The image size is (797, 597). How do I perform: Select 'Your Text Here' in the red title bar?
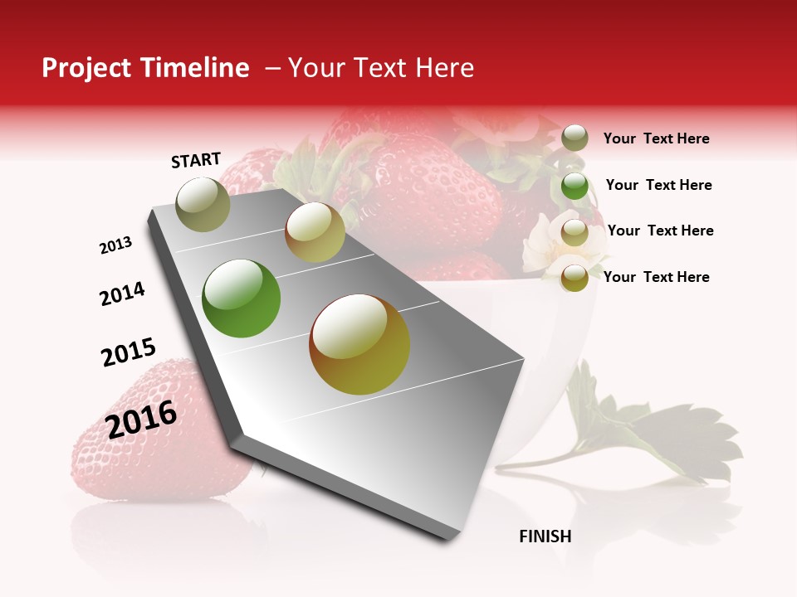[x=381, y=68]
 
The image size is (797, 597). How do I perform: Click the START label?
[x=196, y=160]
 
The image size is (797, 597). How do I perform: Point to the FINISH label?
[x=545, y=536]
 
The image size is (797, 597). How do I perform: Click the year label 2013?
[x=116, y=245]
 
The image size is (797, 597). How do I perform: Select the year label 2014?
[x=123, y=294]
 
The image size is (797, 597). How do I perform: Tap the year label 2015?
[x=129, y=352]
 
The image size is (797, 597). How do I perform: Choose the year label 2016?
[x=141, y=420]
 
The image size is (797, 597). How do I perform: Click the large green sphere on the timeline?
[x=242, y=298]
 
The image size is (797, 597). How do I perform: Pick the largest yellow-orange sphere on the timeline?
[x=359, y=344]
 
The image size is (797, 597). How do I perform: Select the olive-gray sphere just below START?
[x=203, y=205]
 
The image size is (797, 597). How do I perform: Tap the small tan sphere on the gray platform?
[x=315, y=232]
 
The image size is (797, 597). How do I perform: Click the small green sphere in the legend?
[x=575, y=186]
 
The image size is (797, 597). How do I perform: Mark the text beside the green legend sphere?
[x=658, y=185]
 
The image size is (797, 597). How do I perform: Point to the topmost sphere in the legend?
[x=575, y=138]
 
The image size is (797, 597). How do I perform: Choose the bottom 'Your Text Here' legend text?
[x=656, y=277]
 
